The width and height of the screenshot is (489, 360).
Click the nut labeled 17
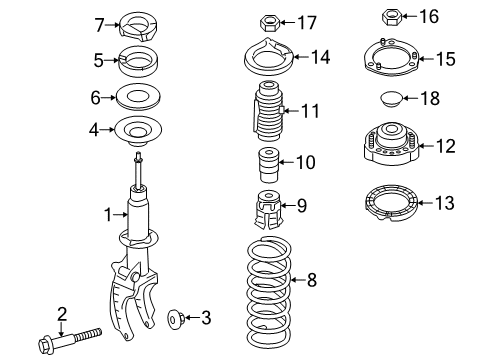(x=269, y=23)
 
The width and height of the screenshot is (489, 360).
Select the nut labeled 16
(x=392, y=17)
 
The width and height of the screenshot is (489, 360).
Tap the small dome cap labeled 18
(x=391, y=99)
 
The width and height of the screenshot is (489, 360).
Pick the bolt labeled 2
(x=70, y=340)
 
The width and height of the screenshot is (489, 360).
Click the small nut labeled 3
(x=176, y=319)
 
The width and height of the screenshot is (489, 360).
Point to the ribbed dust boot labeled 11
(x=269, y=111)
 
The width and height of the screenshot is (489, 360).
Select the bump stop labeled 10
(x=269, y=165)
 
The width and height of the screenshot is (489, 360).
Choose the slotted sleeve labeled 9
(x=269, y=210)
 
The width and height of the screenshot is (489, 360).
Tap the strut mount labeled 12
(x=391, y=143)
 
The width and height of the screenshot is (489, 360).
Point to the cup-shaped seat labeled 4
(x=138, y=131)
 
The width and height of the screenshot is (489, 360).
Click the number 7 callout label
(x=100, y=25)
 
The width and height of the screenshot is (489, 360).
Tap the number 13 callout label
(x=445, y=203)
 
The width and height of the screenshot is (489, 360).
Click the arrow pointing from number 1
(x=121, y=215)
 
